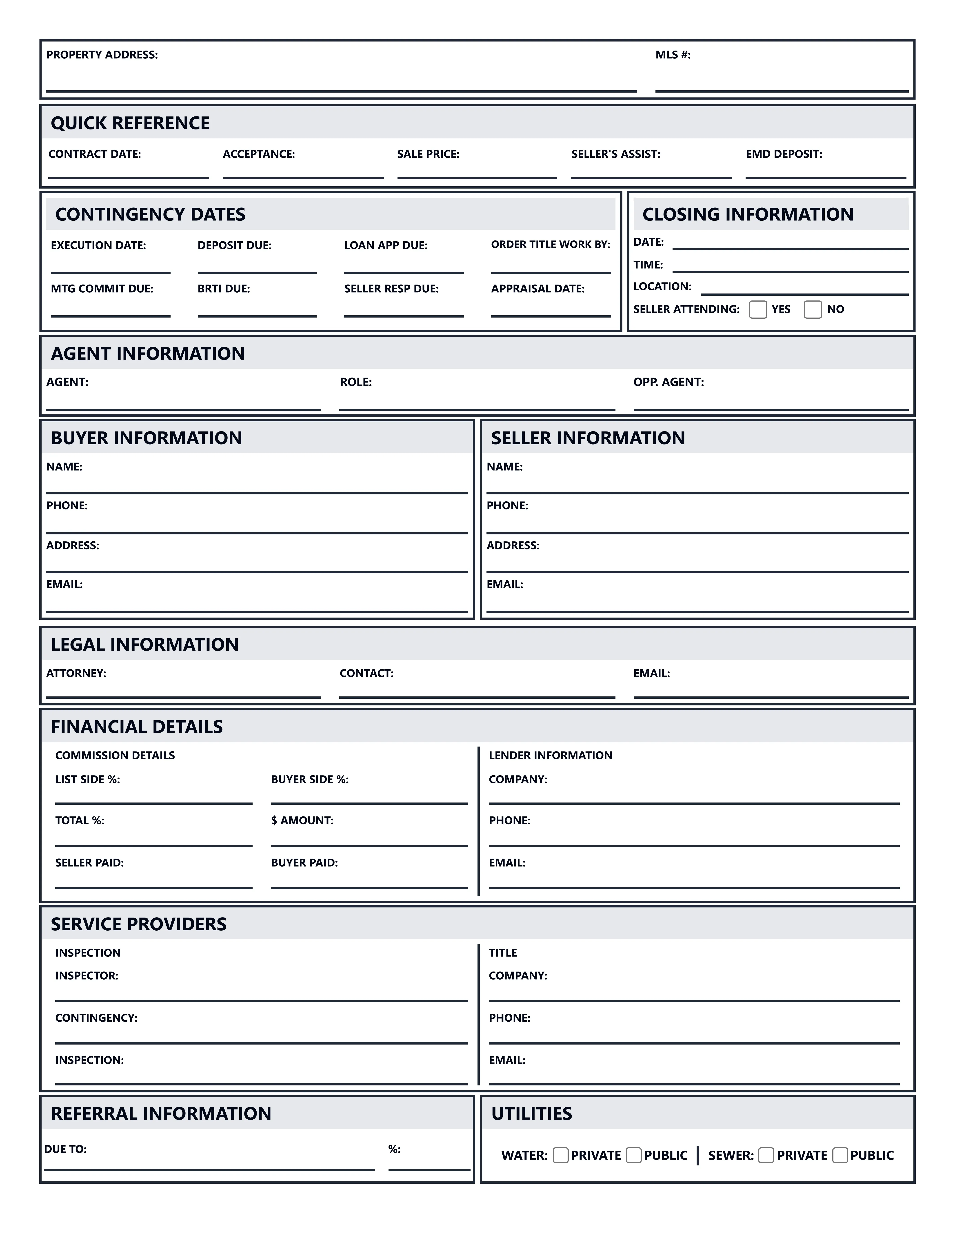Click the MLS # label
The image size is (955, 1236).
[x=673, y=55]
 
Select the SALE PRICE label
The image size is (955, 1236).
[x=428, y=154]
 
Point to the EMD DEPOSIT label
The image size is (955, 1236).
[x=784, y=154]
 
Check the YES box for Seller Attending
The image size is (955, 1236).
[x=757, y=310]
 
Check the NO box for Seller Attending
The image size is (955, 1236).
[x=813, y=310]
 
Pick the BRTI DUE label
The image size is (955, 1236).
[x=224, y=289]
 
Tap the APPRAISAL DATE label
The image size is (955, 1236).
[x=537, y=289]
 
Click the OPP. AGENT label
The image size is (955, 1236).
[x=668, y=382]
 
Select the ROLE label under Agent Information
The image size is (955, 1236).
[x=355, y=382]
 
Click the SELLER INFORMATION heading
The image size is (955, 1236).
[x=588, y=438]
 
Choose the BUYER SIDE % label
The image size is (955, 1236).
[x=309, y=779]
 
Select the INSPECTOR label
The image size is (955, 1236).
[x=87, y=976]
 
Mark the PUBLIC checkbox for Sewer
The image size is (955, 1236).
[x=840, y=1155]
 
